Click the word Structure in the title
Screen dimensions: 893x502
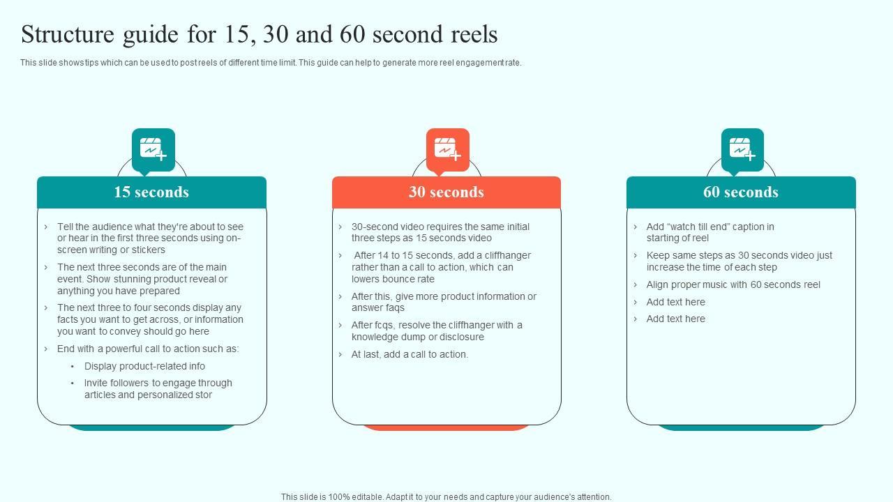[x=68, y=34]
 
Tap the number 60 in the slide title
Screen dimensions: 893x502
[x=352, y=34]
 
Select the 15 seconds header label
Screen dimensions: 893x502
[x=151, y=192]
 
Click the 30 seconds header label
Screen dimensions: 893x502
[x=446, y=192]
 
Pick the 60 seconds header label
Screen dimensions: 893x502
[x=741, y=192]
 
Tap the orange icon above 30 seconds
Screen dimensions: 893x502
[x=447, y=150]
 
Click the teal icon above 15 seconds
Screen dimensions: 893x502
[x=153, y=150]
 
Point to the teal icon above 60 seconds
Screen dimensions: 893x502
[x=742, y=150]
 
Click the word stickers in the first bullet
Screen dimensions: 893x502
[x=149, y=250]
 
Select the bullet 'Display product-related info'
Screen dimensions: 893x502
[x=144, y=366]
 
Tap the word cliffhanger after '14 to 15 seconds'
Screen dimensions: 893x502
[x=507, y=255]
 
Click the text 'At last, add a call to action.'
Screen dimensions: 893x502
[x=410, y=355]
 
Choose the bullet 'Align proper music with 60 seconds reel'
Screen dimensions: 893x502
[x=733, y=285]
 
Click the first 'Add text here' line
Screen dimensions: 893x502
[x=676, y=302]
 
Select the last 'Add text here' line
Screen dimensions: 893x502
[x=676, y=319]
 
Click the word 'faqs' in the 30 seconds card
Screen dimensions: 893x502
[x=395, y=308]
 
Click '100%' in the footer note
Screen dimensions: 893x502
[x=339, y=497]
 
